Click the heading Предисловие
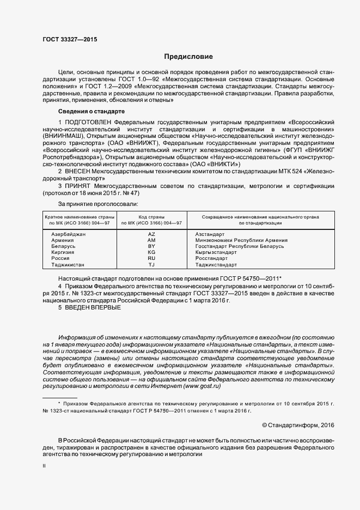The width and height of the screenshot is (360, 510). tap(188, 57)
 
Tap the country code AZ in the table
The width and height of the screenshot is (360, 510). tap(151, 234)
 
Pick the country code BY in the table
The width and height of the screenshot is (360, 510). tap(151, 246)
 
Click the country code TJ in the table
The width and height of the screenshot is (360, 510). tap(151, 265)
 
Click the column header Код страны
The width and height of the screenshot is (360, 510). tap(151, 217)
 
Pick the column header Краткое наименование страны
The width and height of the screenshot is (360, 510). tap(80, 217)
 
